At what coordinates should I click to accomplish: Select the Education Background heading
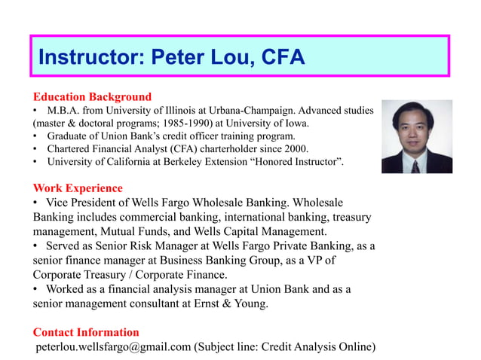coord(92,97)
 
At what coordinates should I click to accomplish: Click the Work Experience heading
coord(78,188)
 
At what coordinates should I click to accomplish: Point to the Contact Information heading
coord(86,332)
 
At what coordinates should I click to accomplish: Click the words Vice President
coord(89,203)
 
